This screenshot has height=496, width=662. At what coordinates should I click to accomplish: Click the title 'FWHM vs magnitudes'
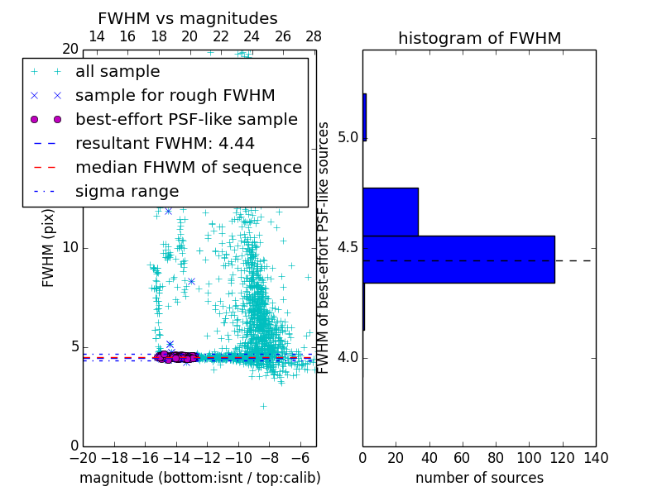pos(187,18)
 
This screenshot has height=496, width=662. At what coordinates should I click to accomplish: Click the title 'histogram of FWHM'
pos(479,38)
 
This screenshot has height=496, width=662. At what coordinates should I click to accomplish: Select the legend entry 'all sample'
pos(118,72)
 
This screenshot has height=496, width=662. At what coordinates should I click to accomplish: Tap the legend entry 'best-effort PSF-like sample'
pos(186,119)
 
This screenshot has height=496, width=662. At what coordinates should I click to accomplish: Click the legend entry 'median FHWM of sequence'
pos(188,167)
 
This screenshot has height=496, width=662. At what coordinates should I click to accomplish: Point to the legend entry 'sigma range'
pos(127,191)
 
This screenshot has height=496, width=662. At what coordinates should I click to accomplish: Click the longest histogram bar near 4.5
pos(458,259)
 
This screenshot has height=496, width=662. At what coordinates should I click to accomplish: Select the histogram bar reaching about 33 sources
pos(390,212)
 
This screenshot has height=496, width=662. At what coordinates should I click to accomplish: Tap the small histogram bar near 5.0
pos(364,117)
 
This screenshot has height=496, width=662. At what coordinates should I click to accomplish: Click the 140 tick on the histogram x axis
pos(596,457)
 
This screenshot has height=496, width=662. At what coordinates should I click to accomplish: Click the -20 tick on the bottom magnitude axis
pos(83,457)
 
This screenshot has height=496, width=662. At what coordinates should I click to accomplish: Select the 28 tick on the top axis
pos(314,36)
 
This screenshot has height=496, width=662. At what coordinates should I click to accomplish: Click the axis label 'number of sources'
pos(479,478)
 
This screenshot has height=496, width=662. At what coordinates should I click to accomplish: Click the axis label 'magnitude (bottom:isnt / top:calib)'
pos(199,478)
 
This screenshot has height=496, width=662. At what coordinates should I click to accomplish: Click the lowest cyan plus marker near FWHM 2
pos(263,406)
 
